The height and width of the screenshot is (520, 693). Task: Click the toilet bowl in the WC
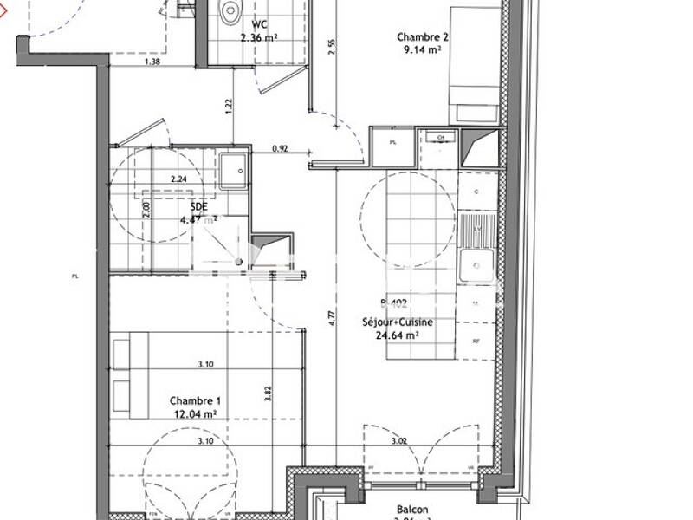click(231, 12)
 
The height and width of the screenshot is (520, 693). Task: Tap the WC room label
click(259, 24)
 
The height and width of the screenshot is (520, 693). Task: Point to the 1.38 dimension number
click(152, 62)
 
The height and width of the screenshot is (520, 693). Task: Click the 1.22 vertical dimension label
click(229, 107)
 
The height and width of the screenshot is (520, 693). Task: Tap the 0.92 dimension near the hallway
click(280, 149)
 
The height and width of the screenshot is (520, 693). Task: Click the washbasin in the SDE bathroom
click(232, 171)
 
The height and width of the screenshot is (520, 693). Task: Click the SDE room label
click(198, 207)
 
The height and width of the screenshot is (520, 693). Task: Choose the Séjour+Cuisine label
click(397, 322)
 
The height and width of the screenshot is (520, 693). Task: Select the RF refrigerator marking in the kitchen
click(476, 341)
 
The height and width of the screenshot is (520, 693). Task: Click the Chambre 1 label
click(196, 400)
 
